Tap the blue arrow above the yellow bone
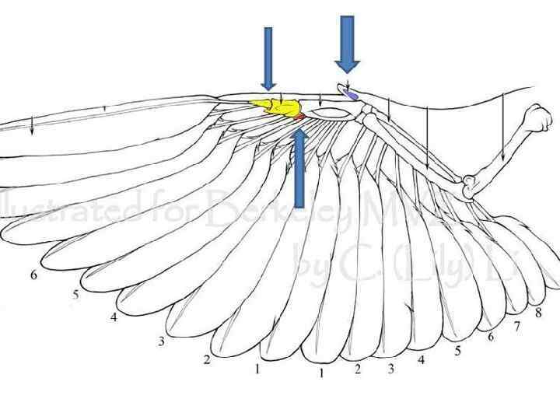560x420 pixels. pos(268,58)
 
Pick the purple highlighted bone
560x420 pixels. pos(351,93)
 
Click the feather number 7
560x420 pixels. pos(517,326)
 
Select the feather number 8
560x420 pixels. pos(537,313)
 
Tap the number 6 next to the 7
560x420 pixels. pos(491,336)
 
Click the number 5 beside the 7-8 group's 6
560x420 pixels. pos(457,351)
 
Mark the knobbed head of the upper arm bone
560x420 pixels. pos(539,121)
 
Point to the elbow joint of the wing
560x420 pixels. pos(468,187)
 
